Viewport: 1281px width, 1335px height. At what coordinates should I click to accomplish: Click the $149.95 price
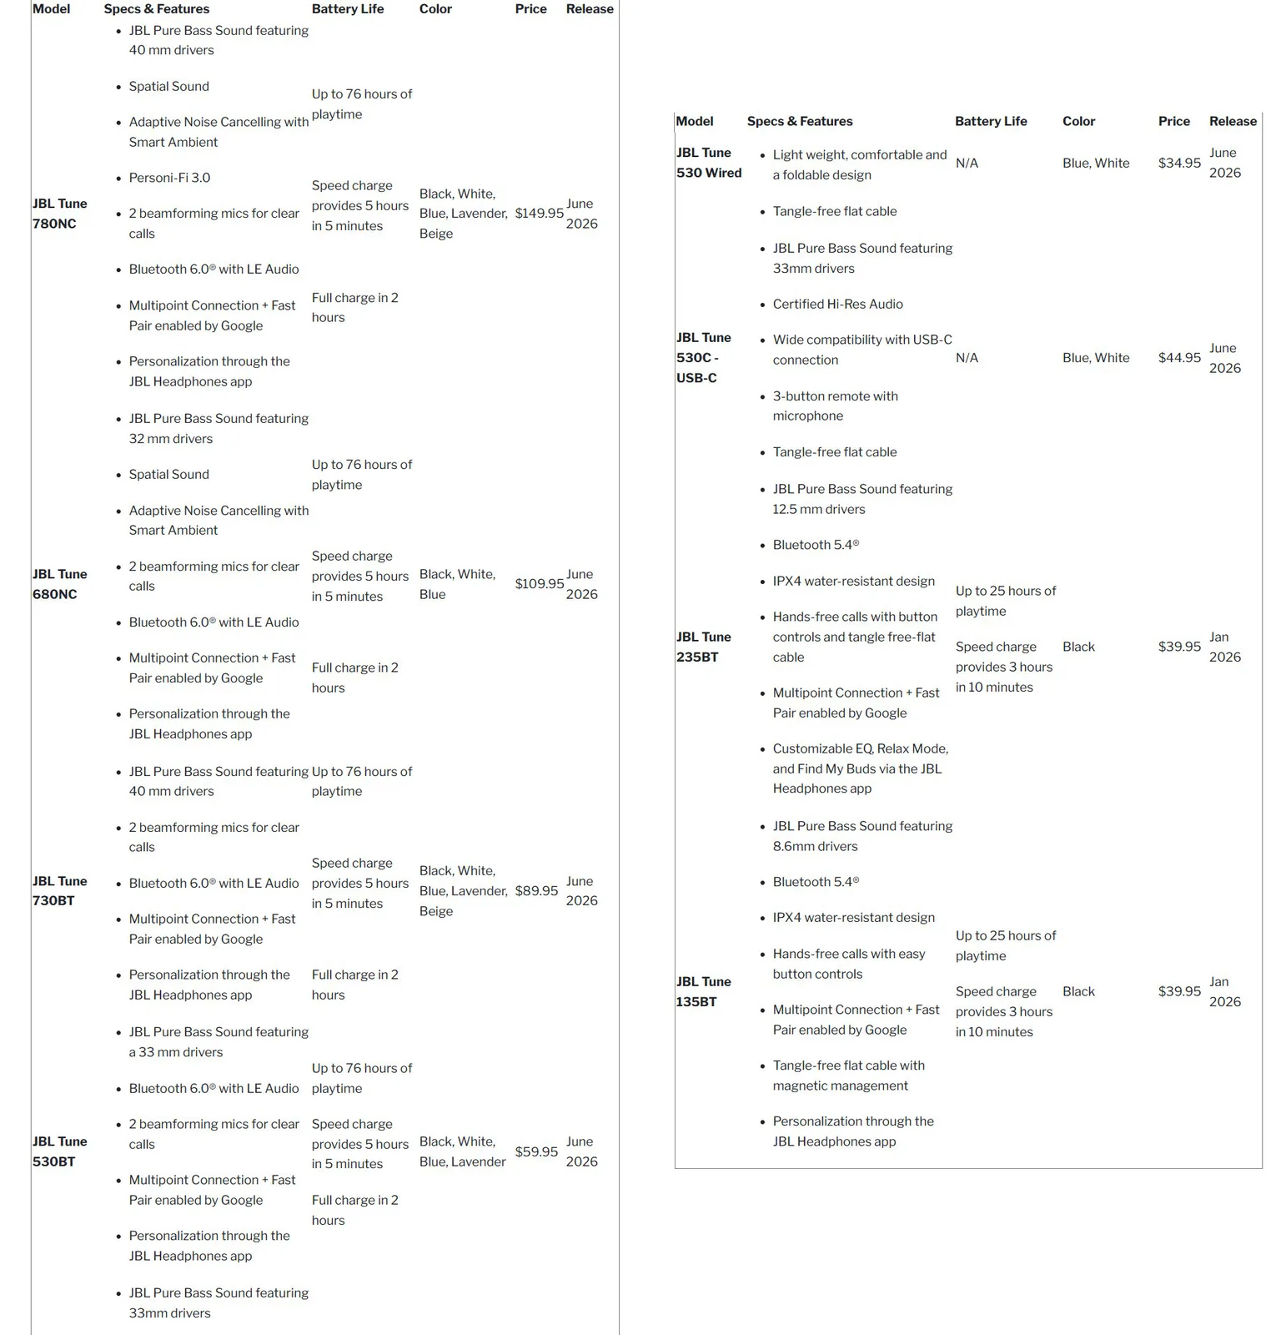(x=539, y=214)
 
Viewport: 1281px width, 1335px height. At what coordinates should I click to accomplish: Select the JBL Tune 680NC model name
(x=59, y=584)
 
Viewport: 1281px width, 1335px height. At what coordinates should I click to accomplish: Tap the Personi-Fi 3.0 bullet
(x=169, y=178)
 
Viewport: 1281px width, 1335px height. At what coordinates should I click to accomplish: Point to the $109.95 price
(x=539, y=584)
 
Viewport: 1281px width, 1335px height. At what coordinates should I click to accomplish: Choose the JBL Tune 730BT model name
(x=59, y=891)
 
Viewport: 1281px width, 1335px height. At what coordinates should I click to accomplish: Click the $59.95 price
(x=536, y=1151)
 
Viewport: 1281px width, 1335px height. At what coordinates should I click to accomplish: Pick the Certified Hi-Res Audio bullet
(x=837, y=305)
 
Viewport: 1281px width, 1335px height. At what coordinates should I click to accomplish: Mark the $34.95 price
(x=1179, y=164)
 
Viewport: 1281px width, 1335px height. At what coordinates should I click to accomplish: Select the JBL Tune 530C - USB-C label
(x=703, y=358)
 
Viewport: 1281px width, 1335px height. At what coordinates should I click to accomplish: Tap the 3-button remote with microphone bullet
(x=835, y=406)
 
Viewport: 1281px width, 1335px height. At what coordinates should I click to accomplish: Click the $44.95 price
(x=1179, y=358)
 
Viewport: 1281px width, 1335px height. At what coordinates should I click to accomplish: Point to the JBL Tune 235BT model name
(x=703, y=647)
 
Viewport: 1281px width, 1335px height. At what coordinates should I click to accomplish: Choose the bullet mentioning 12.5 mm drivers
(x=862, y=499)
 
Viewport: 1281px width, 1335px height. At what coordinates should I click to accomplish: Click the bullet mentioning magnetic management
(x=848, y=1076)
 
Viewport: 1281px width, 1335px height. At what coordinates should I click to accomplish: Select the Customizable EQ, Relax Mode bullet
(x=860, y=768)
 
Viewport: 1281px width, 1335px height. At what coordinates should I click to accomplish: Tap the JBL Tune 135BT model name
(x=703, y=991)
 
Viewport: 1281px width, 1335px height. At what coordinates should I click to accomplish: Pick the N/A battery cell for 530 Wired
(x=967, y=164)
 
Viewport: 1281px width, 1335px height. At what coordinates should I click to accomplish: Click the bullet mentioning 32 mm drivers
(x=219, y=429)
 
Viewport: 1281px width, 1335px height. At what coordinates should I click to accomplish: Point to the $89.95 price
(x=536, y=891)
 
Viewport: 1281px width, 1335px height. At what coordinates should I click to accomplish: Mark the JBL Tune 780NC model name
(x=59, y=214)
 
